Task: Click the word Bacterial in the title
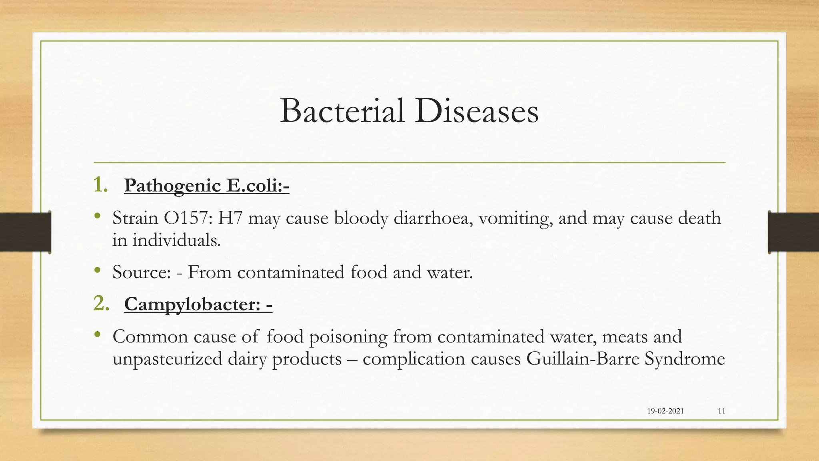pyautogui.click(x=342, y=111)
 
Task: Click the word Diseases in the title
pyautogui.click(x=476, y=111)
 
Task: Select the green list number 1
pyautogui.click(x=100, y=185)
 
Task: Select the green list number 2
pyautogui.click(x=101, y=303)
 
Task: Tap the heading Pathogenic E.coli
pyautogui.click(x=206, y=186)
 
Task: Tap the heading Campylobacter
pyautogui.click(x=198, y=304)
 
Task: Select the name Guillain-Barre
pyautogui.click(x=583, y=359)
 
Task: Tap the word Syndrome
pyautogui.click(x=685, y=359)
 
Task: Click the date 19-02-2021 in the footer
pyautogui.click(x=665, y=411)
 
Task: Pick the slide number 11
pyautogui.click(x=721, y=411)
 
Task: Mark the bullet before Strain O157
pyautogui.click(x=97, y=216)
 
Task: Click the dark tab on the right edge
pyautogui.click(x=793, y=232)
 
